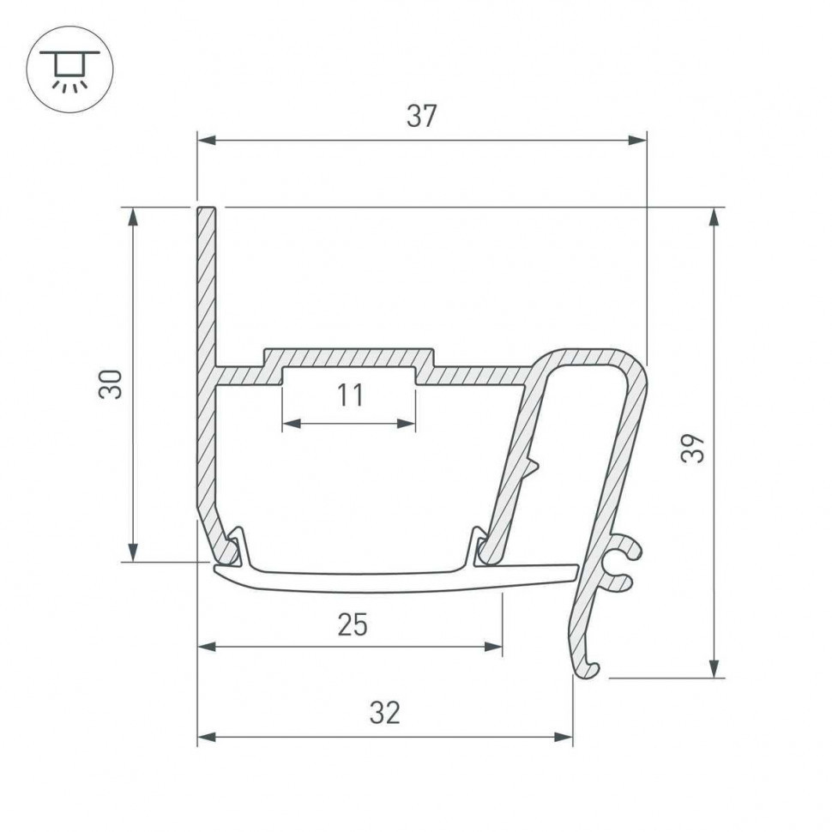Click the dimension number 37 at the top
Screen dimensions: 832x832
tap(421, 116)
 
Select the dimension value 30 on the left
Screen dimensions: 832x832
tap(111, 383)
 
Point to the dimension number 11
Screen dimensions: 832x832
tap(350, 395)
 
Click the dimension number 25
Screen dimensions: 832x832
tap(352, 625)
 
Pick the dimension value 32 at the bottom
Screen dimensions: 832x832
tap(385, 712)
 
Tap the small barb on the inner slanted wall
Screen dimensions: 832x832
tap(533, 467)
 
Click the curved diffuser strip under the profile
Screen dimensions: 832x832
tap(386, 581)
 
